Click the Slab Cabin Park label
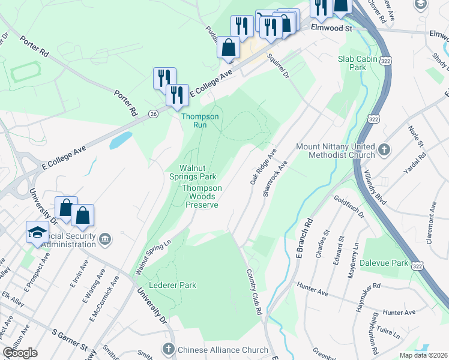[352, 63]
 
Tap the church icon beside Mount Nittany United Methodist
[384, 148]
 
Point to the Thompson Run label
[200, 121]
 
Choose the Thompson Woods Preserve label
[202, 196]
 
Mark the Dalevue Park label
[384, 263]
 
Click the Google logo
[20, 353]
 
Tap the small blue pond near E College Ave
[120, 140]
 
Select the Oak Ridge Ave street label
[262, 166]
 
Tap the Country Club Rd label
[254, 292]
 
